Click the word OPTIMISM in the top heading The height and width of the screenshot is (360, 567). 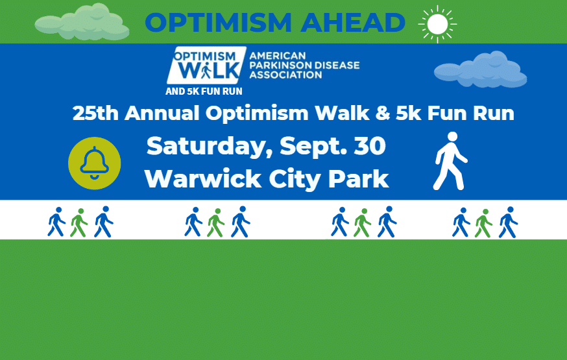point(218,23)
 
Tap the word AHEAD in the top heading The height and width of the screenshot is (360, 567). point(353,23)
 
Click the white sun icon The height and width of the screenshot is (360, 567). point(437,24)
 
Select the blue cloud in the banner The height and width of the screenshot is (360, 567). point(480,69)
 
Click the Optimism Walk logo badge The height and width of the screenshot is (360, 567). point(206,66)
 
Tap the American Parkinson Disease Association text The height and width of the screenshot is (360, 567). point(304,66)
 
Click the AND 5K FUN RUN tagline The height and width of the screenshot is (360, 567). point(204,91)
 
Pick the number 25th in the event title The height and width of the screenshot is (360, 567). point(95,113)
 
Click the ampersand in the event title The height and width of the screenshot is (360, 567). point(383,113)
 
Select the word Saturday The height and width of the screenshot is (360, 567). point(210,147)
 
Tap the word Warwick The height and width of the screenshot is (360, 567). point(203,178)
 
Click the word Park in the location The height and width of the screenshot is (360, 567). point(358,178)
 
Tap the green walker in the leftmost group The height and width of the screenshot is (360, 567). point(79,222)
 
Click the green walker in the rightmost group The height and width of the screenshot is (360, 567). point(483,223)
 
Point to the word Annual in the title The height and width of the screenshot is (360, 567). point(162,113)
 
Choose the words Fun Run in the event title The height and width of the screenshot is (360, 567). point(471,113)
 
